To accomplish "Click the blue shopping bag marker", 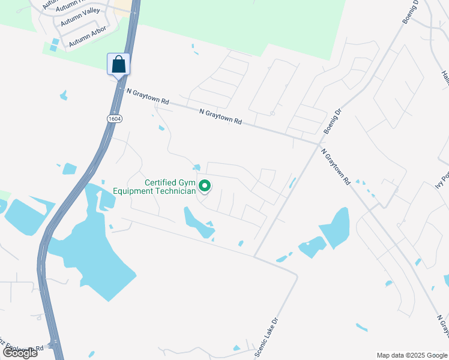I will [119, 64].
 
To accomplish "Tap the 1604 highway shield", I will [115, 119].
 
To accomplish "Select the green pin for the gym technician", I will [205, 187].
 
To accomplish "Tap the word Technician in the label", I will [176, 191].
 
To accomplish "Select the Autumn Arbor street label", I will [88, 37].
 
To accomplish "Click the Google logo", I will [20, 353].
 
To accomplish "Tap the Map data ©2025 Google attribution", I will [411, 355].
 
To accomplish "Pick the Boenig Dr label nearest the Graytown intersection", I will [332, 122].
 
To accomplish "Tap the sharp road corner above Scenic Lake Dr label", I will [296, 276].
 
